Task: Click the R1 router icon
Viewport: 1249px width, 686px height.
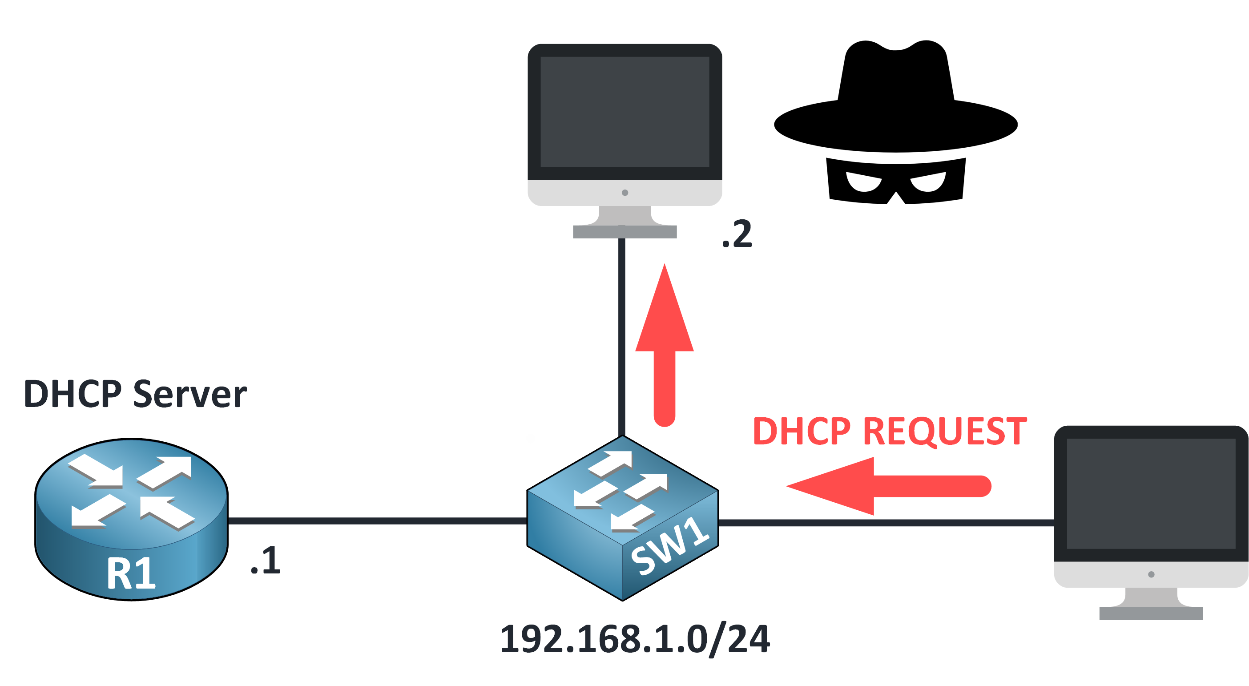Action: click(x=131, y=519)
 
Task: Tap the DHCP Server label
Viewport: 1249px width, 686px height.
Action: click(x=135, y=394)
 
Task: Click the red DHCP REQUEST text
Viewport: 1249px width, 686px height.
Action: click(x=890, y=431)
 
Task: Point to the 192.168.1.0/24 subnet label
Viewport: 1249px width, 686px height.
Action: click(x=635, y=639)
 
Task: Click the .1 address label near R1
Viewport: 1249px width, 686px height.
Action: click(x=266, y=561)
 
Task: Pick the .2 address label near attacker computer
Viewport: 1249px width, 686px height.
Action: click(x=737, y=234)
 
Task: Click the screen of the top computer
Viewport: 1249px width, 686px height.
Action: click(x=624, y=112)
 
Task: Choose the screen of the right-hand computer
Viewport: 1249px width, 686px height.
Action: click(x=1151, y=493)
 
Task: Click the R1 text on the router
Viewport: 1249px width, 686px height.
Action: click(x=131, y=574)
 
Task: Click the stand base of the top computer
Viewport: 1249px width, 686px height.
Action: click(x=624, y=232)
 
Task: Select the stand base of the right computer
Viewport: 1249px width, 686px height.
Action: click(x=1151, y=613)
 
